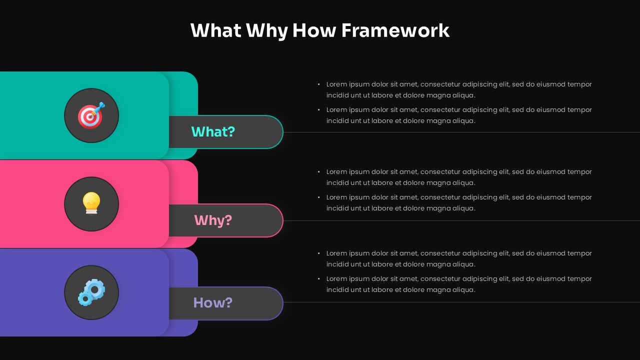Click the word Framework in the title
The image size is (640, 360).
click(395, 30)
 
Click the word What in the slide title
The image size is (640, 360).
click(216, 30)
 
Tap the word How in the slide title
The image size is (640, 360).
click(314, 30)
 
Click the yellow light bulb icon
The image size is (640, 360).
click(91, 203)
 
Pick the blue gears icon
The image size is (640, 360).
click(91, 292)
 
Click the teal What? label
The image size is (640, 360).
click(213, 132)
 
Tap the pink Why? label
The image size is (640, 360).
click(213, 220)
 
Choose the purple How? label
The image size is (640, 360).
click(213, 303)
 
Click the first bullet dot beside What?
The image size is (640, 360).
click(319, 84)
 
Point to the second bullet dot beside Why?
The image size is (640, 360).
click(319, 197)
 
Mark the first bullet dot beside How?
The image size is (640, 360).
click(319, 253)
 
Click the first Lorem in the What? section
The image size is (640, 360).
click(336, 84)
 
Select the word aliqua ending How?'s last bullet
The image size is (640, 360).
click(464, 290)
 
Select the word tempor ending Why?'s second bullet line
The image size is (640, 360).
click(580, 197)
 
